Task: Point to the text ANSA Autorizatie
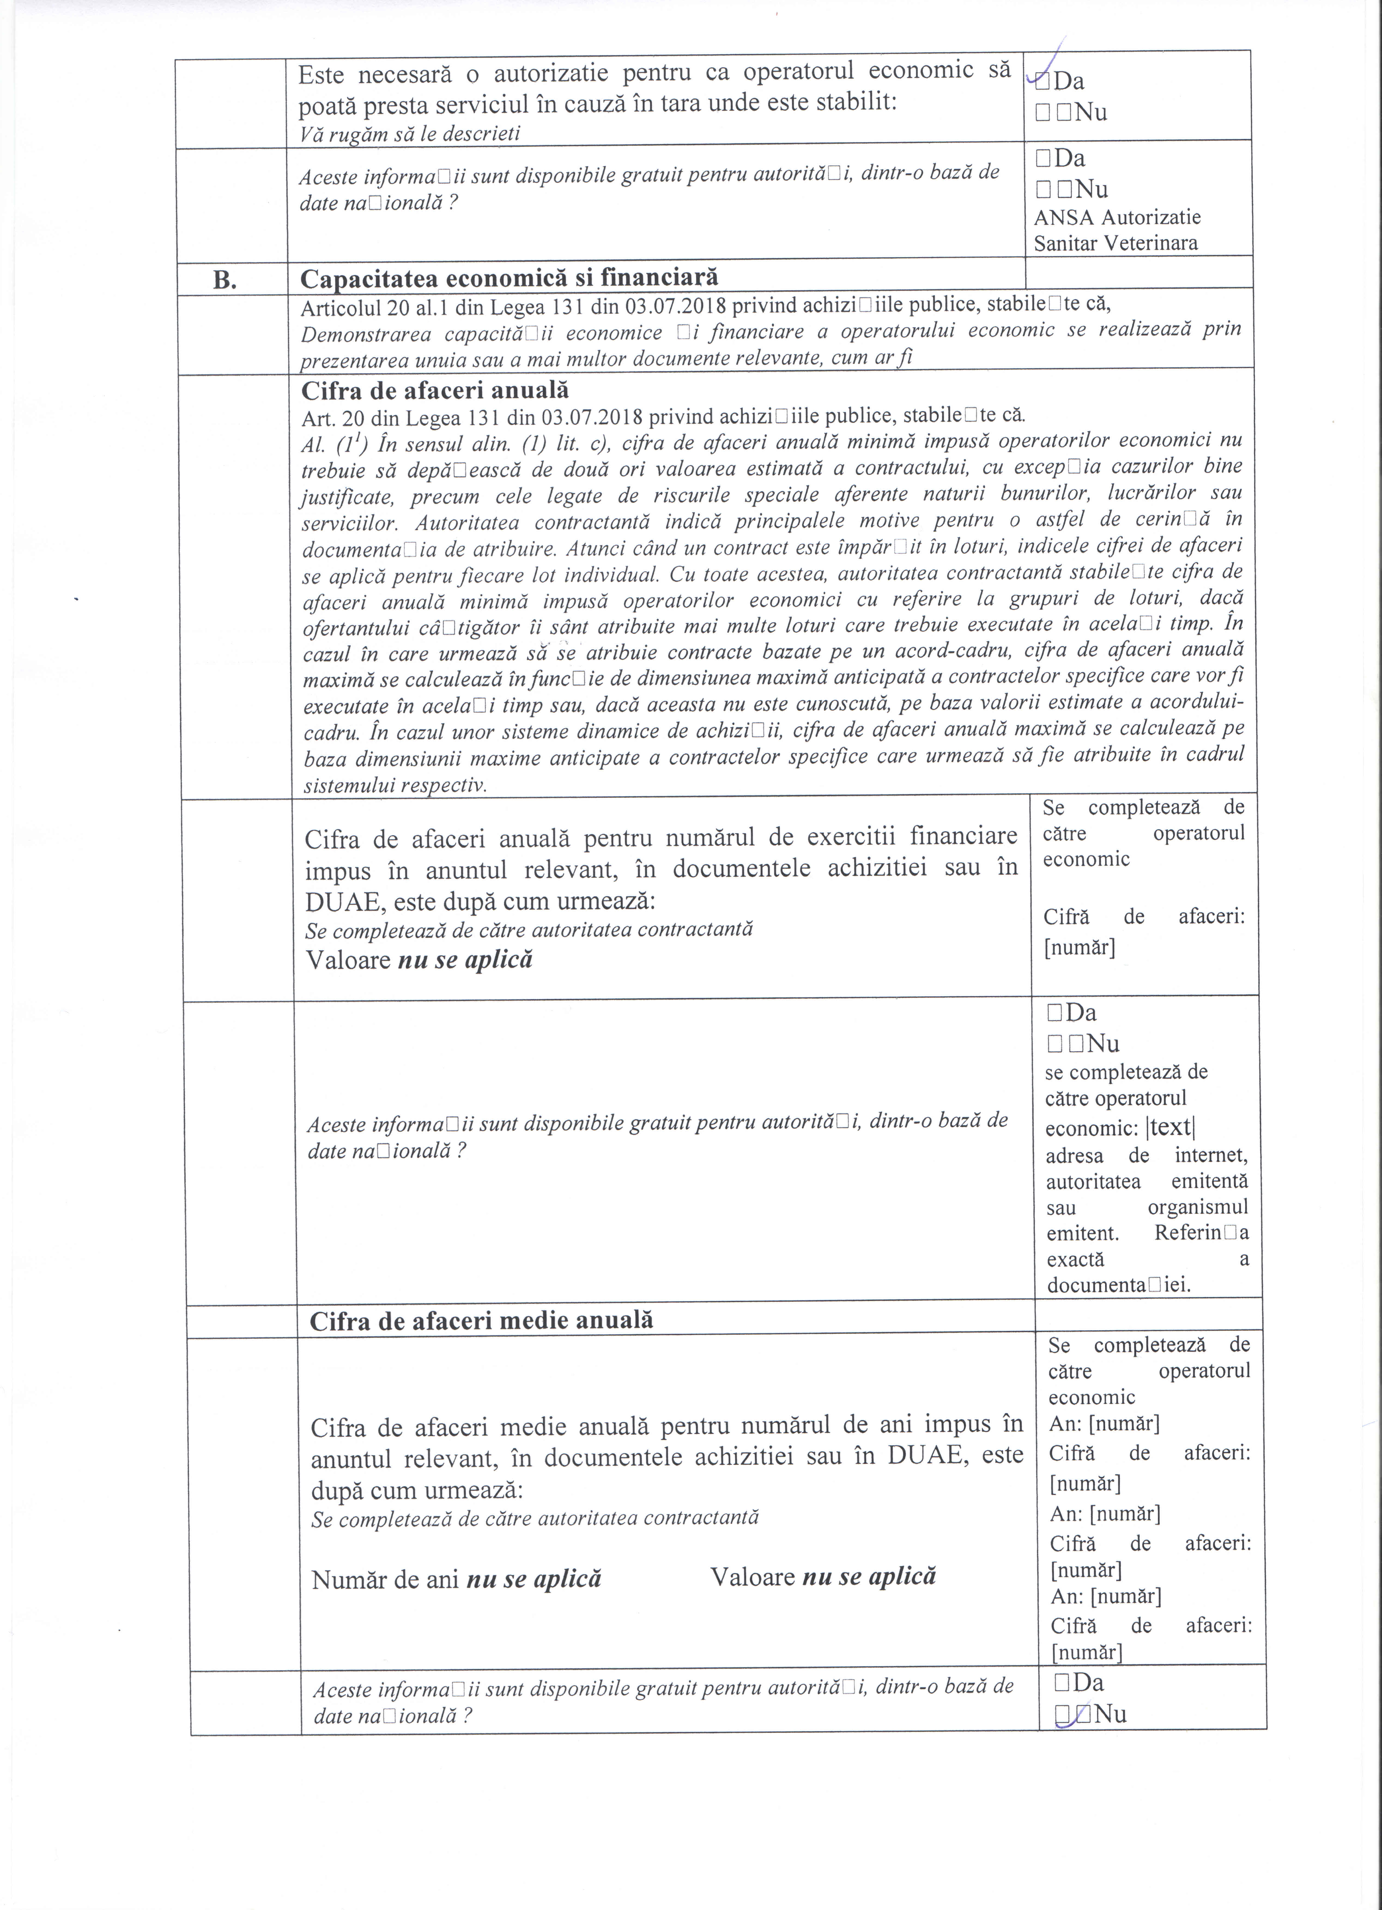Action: [x=1117, y=217]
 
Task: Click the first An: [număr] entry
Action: [x=1104, y=1424]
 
